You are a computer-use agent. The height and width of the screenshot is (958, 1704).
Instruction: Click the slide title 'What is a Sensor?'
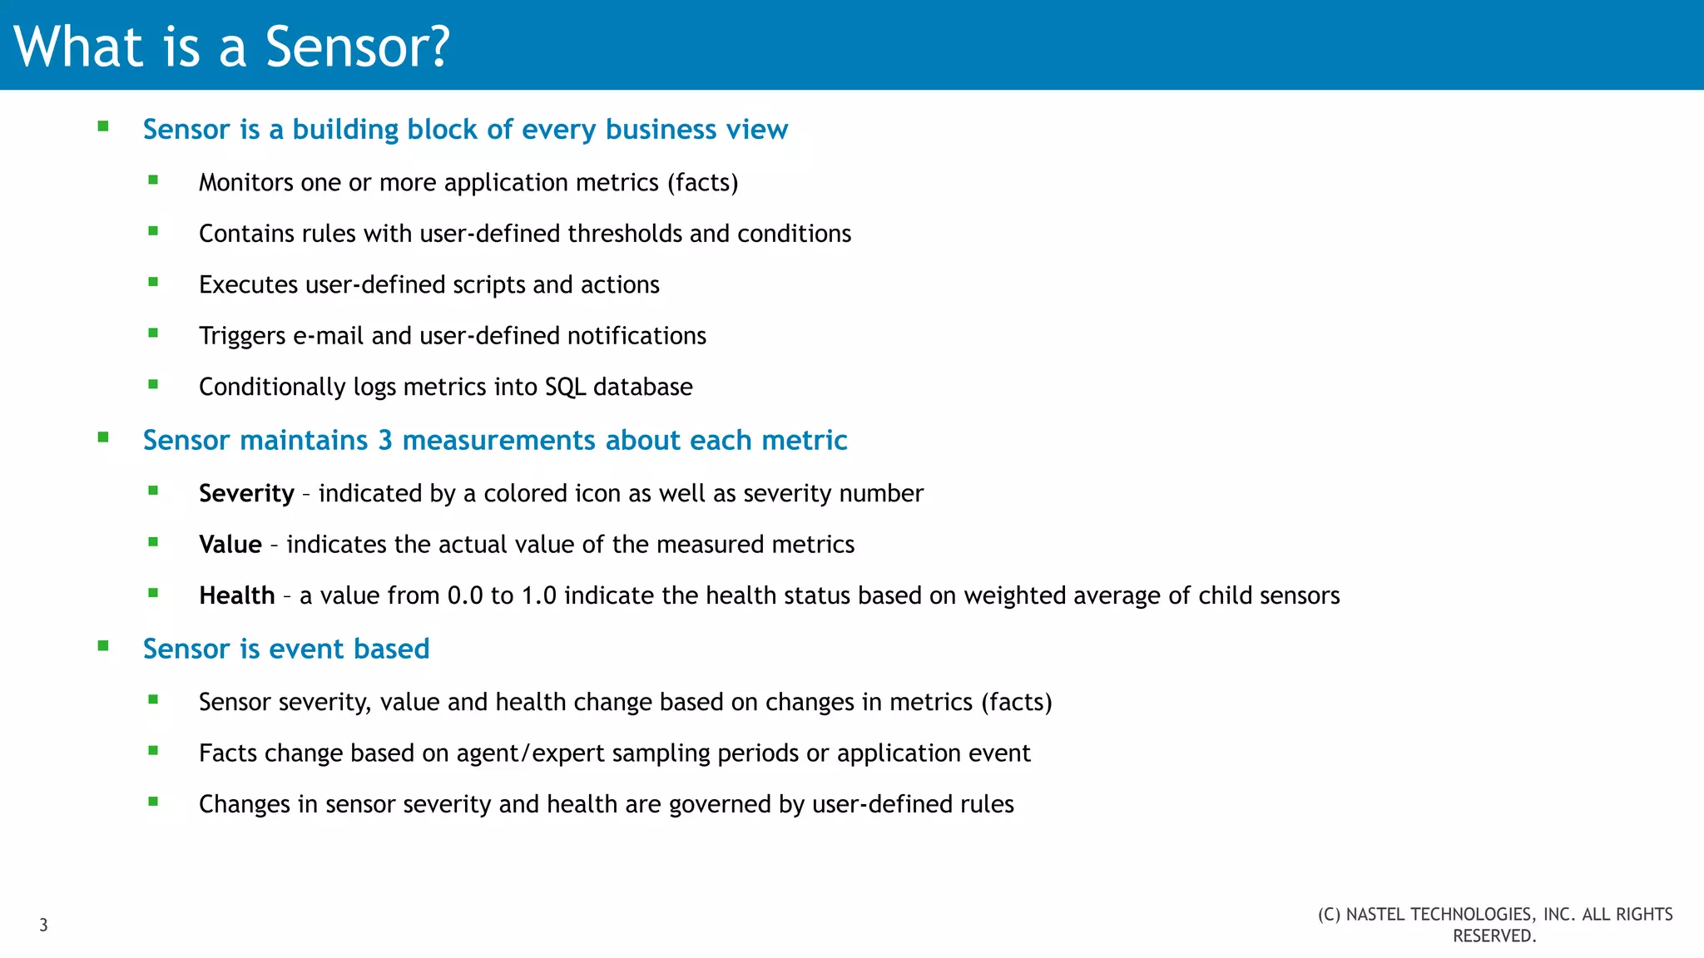click(x=232, y=47)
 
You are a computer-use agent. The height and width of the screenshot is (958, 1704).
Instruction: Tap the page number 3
click(x=44, y=925)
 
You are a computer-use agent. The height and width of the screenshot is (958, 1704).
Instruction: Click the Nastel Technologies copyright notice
click(x=1494, y=925)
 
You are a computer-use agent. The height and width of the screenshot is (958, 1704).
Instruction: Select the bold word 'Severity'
click(x=246, y=493)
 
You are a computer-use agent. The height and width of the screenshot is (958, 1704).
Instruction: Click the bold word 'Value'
click(x=230, y=545)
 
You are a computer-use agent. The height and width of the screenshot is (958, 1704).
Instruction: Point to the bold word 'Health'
click(x=236, y=595)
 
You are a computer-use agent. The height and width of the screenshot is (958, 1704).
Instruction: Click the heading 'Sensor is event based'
click(x=286, y=649)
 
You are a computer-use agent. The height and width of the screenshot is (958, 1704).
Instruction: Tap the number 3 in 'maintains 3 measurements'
click(x=385, y=440)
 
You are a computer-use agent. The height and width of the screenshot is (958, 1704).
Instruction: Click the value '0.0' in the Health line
click(x=465, y=595)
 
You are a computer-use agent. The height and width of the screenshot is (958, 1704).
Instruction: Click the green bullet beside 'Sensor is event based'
click(x=103, y=646)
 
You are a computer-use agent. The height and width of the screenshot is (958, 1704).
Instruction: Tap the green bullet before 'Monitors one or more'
click(x=153, y=180)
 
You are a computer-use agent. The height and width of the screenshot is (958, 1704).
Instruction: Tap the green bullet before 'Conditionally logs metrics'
click(x=153, y=384)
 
